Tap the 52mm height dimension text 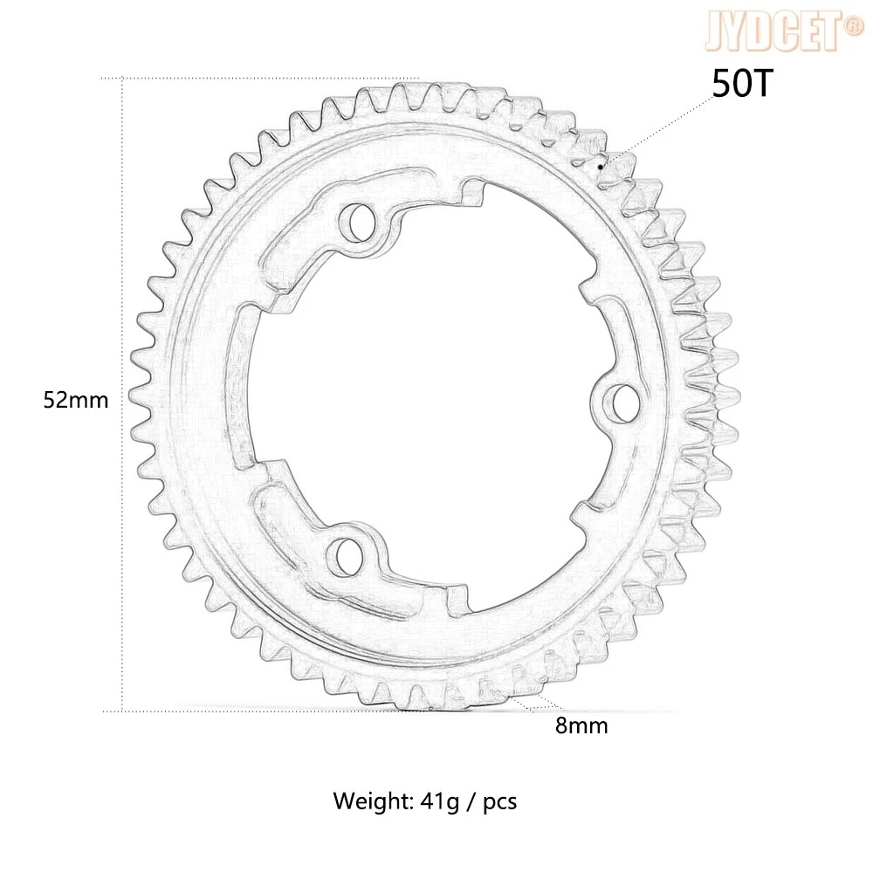76,401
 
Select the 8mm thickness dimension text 581,725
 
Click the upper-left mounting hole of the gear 356,219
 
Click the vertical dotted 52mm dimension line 122,262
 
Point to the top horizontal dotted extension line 262,79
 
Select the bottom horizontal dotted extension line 262,711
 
